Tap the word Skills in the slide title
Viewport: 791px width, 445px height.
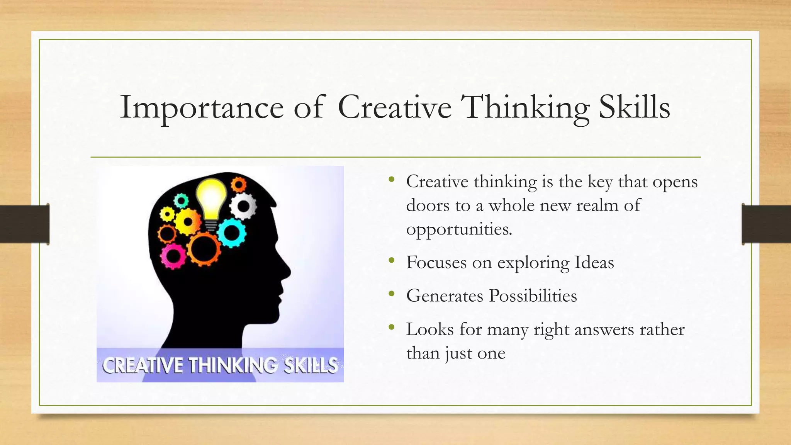(634, 107)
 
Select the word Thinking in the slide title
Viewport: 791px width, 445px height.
(525, 107)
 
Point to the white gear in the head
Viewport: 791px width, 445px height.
(243, 206)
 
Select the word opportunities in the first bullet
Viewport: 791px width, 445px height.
(459, 229)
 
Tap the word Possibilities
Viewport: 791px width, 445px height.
(533, 296)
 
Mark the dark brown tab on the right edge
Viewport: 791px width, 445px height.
(766, 224)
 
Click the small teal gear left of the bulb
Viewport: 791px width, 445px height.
(181, 200)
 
